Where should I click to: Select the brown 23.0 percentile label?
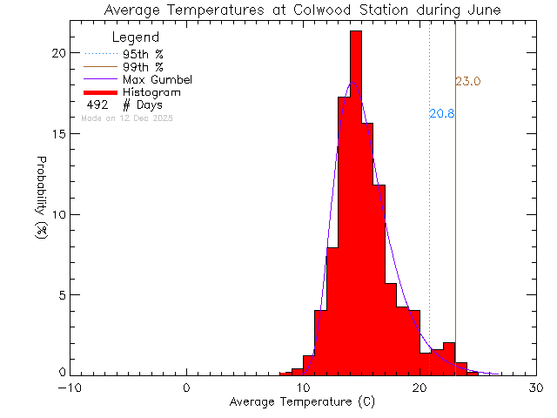468,82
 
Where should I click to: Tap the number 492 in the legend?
97,105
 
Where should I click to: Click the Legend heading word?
136,37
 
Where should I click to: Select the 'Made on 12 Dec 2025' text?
127,118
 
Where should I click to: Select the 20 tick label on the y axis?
57,53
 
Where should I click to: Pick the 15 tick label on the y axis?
57,134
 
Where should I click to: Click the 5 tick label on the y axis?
61,295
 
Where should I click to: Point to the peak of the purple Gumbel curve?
352,83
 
